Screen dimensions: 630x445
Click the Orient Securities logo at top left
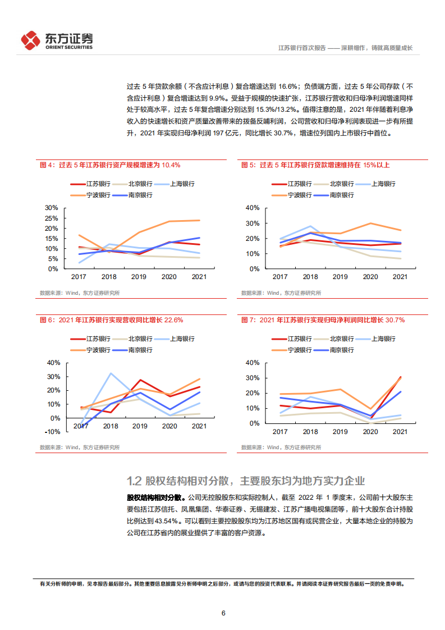[x=56, y=40]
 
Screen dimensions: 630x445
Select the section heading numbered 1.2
[x=246, y=481]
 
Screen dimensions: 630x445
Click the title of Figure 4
[x=109, y=165]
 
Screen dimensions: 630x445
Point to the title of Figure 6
[x=111, y=319]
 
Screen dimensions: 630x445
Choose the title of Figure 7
[x=323, y=319]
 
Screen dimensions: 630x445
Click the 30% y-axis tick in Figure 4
[x=52, y=208]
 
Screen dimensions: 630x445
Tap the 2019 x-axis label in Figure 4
[x=138, y=277]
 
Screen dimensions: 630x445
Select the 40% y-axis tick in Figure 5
[x=252, y=208]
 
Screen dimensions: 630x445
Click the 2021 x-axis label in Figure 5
[x=400, y=277]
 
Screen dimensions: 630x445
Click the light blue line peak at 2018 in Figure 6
[x=111, y=373]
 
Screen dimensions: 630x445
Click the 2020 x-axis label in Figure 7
[x=370, y=431]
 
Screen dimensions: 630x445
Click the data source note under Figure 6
[x=79, y=448]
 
